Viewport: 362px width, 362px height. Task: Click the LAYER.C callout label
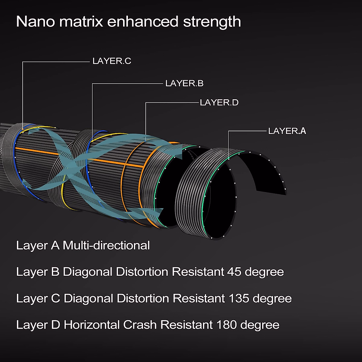pyautogui.click(x=112, y=61)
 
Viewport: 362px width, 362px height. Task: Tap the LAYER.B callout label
pyautogui.click(x=184, y=84)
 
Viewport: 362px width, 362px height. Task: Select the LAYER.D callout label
pyautogui.click(x=219, y=103)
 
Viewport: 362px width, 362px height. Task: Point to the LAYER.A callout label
pyautogui.click(x=287, y=131)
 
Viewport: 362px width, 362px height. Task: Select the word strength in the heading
pyautogui.click(x=212, y=22)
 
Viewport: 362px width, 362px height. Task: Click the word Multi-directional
pyautogui.click(x=106, y=245)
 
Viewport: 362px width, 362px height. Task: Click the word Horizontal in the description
pyautogui.click(x=91, y=325)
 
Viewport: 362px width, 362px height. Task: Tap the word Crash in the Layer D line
pyautogui.click(x=140, y=325)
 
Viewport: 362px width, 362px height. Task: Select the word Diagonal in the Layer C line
pyautogui.click(x=88, y=298)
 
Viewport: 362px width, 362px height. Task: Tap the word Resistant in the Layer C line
pyautogui.click(x=198, y=298)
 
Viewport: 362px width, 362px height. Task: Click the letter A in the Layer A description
pyautogui.click(x=55, y=245)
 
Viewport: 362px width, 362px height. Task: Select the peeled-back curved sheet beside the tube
pyautogui.click(x=265, y=169)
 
